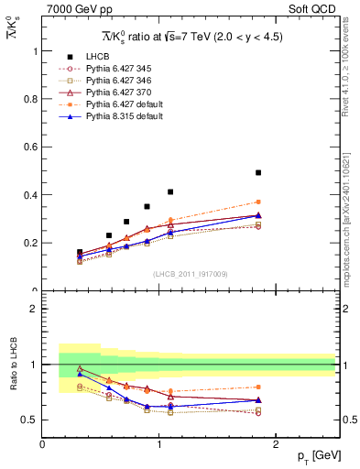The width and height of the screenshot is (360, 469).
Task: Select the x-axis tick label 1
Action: [x=158, y=444]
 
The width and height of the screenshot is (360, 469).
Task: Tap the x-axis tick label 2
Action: [x=277, y=444]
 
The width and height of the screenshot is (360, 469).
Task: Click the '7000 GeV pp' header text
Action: [x=71, y=9]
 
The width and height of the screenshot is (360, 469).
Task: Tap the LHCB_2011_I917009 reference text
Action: [x=190, y=274]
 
